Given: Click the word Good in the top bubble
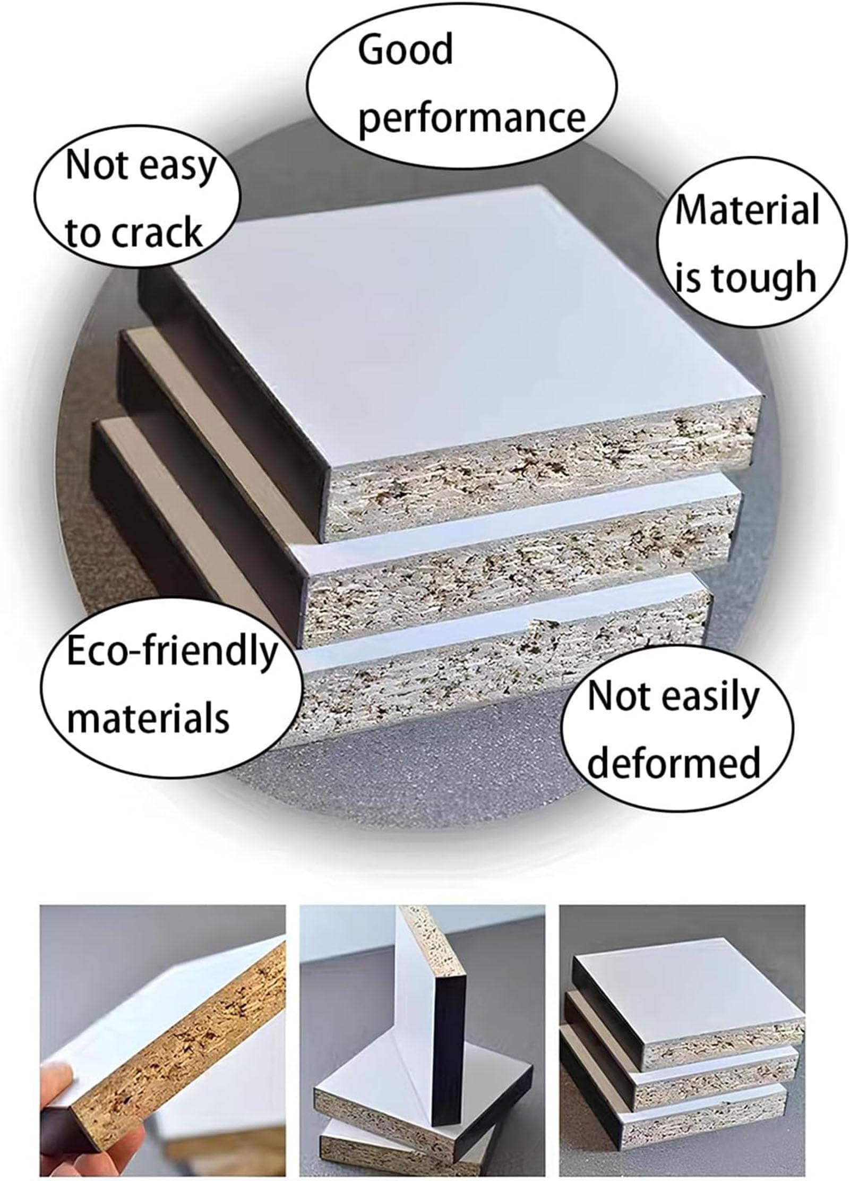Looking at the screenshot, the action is pos(405,49).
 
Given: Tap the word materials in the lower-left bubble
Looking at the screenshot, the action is pos(148,716).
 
